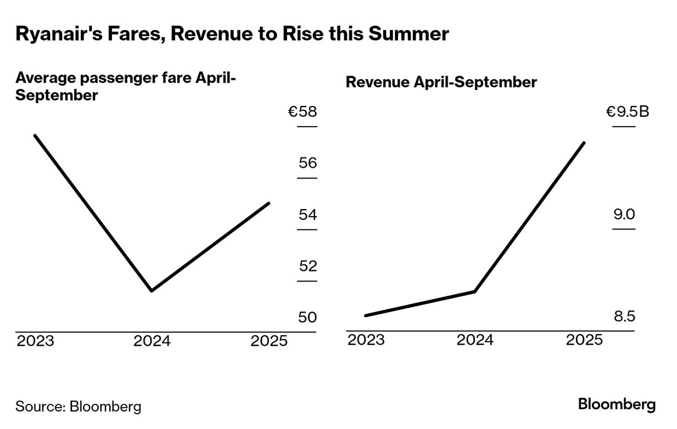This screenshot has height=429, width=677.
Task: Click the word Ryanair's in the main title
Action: click(x=59, y=33)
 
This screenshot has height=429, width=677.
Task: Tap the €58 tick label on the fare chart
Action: click(x=302, y=111)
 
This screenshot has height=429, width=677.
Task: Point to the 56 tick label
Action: click(x=308, y=163)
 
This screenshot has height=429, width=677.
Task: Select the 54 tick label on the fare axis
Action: click(x=308, y=214)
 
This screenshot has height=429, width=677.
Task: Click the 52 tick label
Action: click(x=308, y=266)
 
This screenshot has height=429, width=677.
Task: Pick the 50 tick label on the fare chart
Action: click(x=307, y=317)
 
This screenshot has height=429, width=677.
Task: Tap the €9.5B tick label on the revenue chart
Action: click(x=628, y=112)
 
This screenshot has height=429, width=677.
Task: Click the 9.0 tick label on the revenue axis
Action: click(x=624, y=214)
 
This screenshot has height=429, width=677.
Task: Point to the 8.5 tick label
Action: click(x=624, y=317)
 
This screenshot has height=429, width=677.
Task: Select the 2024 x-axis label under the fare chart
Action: click(x=152, y=341)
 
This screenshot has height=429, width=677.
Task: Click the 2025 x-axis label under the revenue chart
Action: click(x=584, y=340)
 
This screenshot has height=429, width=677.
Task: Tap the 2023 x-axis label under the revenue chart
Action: click(x=366, y=340)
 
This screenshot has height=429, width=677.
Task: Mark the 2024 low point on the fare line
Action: click(x=152, y=291)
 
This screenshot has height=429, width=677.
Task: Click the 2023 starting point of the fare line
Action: click(x=35, y=136)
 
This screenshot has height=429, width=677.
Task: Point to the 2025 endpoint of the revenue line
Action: click(x=584, y=143)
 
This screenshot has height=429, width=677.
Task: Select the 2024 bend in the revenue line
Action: click(x=475, y=291)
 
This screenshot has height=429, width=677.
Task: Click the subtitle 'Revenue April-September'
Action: click(x=441, y=82)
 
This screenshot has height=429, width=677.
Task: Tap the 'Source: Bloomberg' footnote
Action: click(x=79, y=407)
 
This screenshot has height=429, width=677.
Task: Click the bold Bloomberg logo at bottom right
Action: click(x=617, y=404)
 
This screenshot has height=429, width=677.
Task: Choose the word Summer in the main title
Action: click(x=409, y=33)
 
